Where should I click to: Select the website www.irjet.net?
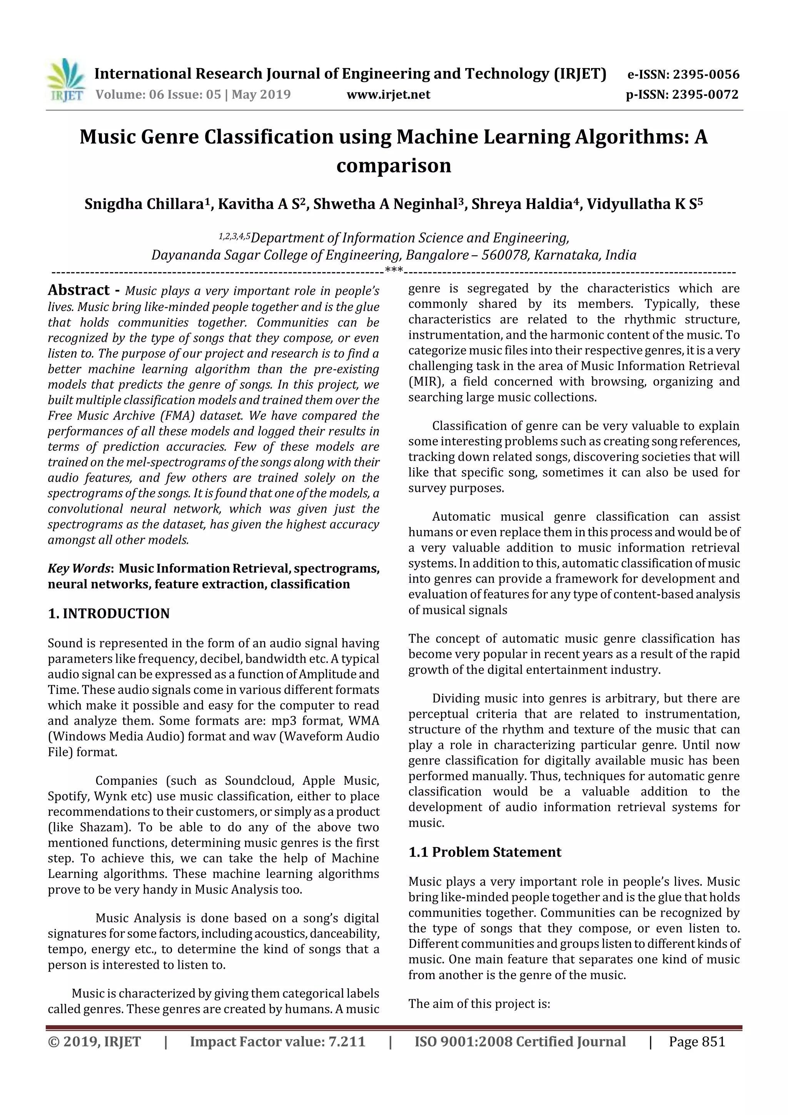pos(388,95)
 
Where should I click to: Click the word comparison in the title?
pos(394,165)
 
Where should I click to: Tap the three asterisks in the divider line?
pos(394,270)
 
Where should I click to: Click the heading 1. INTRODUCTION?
pos(109,614)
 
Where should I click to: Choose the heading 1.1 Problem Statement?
pos(484,852)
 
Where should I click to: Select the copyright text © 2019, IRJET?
pos(94,1041)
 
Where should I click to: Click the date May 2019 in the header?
pos(261,95)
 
